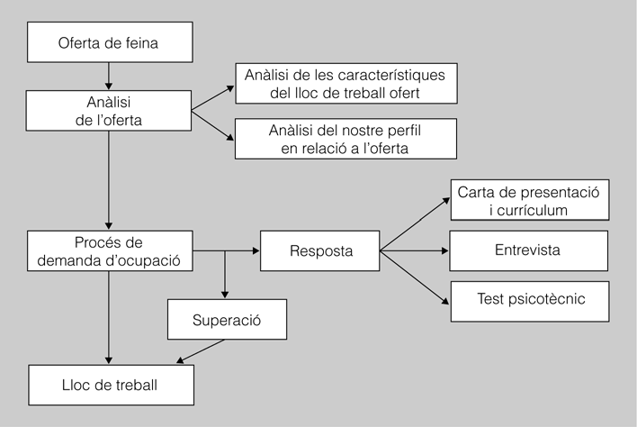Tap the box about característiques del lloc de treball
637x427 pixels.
[x=345, y=83]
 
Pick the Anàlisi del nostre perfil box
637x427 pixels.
[x=345, y=139]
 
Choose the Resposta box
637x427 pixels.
[x=320, y=251]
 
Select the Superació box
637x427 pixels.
[x=226, y=320]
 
